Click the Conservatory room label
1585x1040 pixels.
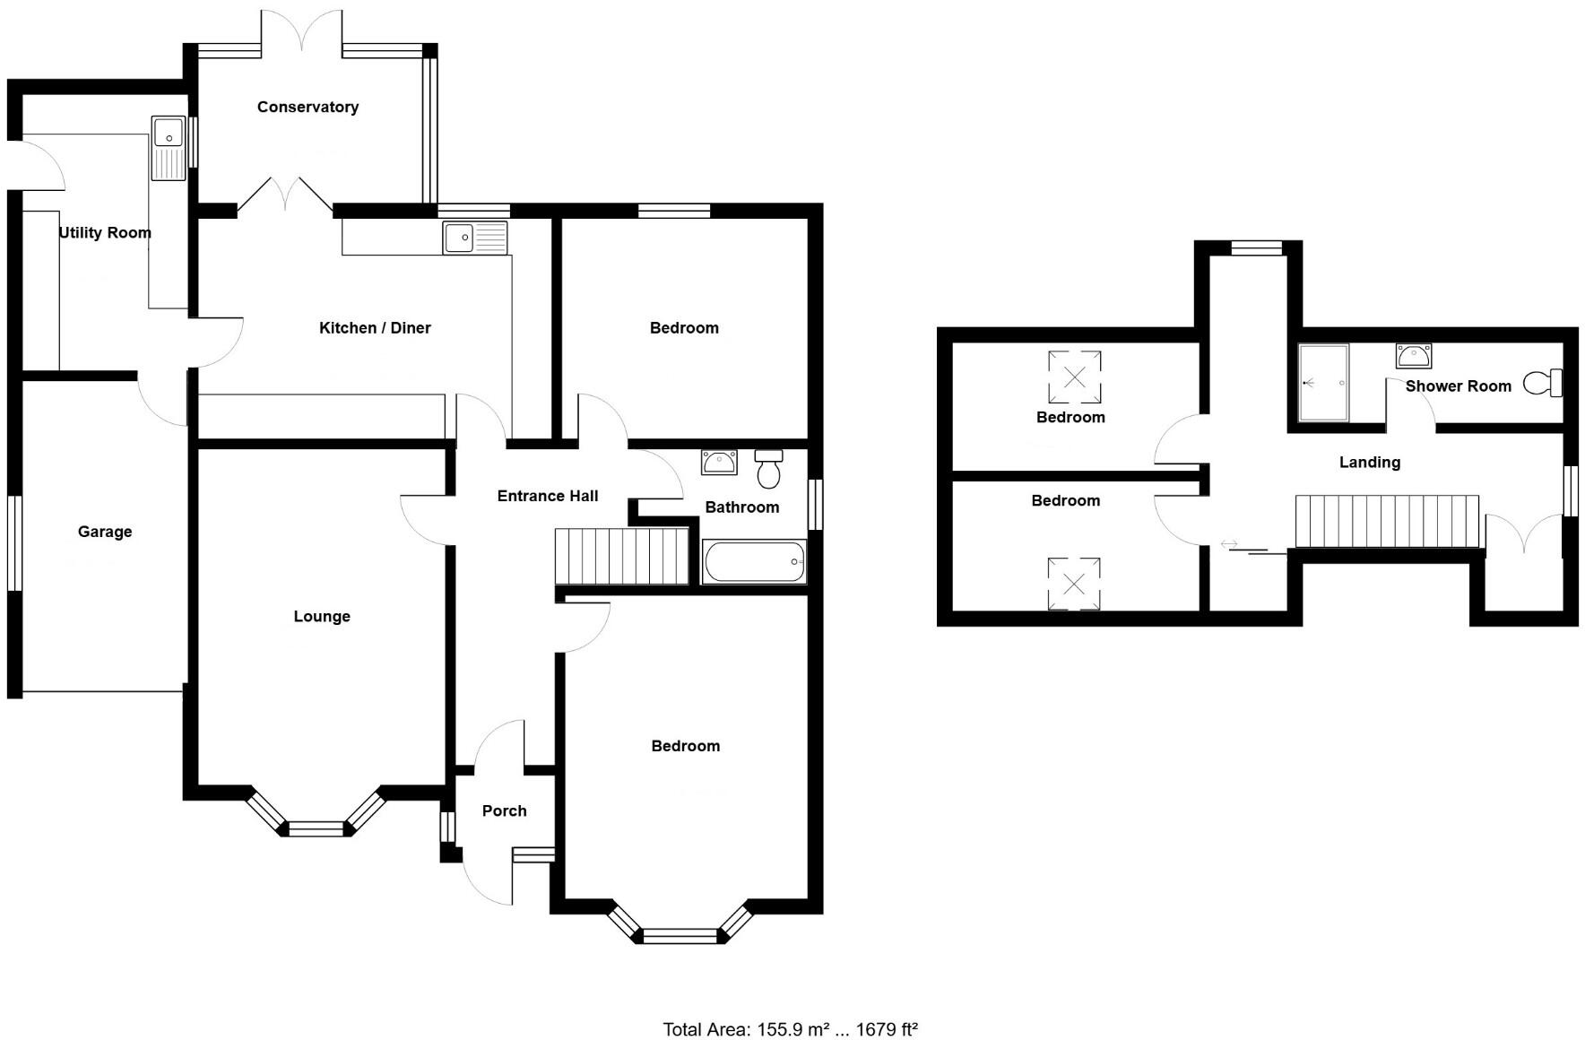click(x=307, y=107)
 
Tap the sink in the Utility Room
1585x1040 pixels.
click(x=169, y=148)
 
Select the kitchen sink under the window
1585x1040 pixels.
click(x=474, y=238)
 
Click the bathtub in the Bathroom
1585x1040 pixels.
click(x=754, y=562)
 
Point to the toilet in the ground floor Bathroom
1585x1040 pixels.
click(x=768, y=468)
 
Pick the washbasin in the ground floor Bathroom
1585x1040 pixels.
click(x=719, y=462)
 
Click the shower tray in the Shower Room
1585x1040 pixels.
click(x=1323, y=383)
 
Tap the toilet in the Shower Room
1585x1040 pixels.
click(x=1544, y=383)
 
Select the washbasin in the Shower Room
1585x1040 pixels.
click(x=1414, y=356)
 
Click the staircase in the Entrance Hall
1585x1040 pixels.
click(x=621, y=556)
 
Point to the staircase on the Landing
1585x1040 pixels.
click(x=1386, y=521)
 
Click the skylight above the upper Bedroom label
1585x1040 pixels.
click(x=1074, y=376)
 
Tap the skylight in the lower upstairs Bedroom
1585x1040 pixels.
click(x=1074, y=585)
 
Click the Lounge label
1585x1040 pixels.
click(x=322, y=616)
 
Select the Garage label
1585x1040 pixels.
click(x=105, y=532)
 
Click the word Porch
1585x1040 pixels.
click(x=505, y=810)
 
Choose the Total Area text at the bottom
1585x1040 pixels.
click(x=790, y=1029)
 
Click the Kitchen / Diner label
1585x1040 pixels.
click(x=375, y=328)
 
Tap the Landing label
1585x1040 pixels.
click(x=1369, y=463)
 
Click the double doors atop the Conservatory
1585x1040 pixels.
click(x=302, y=31)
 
